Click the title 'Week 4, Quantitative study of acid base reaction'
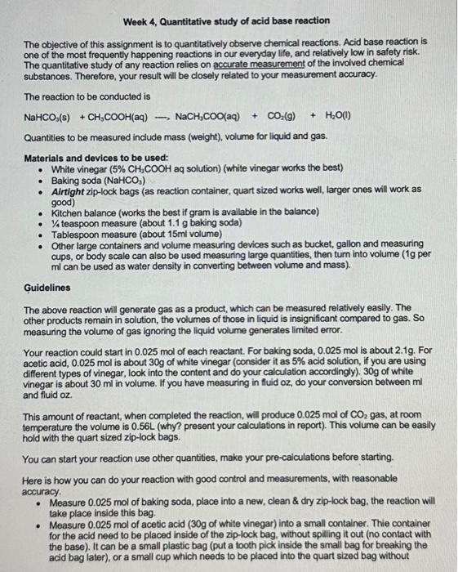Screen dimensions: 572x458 coord(227,20)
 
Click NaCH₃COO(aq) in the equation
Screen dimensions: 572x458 coord(210,116)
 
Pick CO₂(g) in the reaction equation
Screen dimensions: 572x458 coord(278,116)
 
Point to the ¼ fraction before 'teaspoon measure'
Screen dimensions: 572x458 coord(55,223)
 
